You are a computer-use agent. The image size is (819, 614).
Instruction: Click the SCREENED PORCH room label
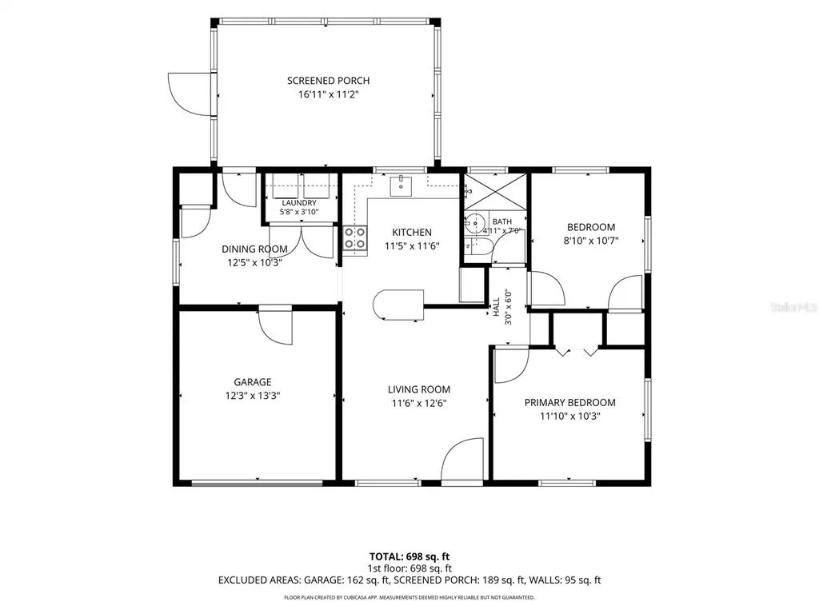(328, 81)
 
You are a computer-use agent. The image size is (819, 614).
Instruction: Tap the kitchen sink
(401, 186)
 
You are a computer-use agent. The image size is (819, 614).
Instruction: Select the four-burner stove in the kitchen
(354, 238)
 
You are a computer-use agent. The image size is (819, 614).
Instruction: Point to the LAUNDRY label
(299, 202)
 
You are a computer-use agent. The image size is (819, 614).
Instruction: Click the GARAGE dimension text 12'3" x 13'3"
(252, 396)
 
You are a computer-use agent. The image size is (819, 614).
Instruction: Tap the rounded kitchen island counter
(398, 305)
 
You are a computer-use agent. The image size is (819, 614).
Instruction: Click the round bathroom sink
(475, 223)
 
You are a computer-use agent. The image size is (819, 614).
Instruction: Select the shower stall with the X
(495, 192)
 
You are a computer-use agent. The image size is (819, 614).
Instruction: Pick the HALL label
(496, 307)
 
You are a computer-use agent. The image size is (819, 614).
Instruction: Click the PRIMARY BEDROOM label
(569, 403)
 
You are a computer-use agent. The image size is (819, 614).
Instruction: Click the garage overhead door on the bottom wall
(257, 483)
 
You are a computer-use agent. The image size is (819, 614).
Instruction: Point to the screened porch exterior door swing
(190, 94)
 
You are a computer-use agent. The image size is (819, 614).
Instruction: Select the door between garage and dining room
(275, 327)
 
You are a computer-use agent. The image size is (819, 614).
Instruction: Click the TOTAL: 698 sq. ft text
(409, 556)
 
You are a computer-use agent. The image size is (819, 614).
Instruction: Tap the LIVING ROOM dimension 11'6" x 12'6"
(419, 403)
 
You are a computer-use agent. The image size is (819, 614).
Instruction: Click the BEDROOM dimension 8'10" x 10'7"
(591, 241)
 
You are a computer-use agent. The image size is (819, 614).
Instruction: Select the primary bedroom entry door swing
(512, 365)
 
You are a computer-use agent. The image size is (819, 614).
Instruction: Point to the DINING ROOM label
(254, 249)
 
